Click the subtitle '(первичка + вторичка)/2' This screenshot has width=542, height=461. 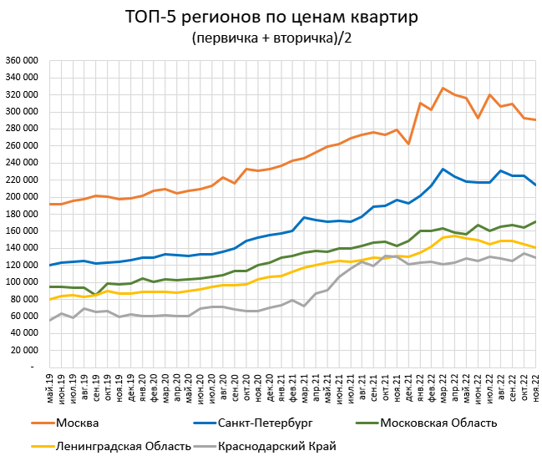pyautogui.click(x=270, y=38)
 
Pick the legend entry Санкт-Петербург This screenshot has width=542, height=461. pyautogui.click(x=271, y=423)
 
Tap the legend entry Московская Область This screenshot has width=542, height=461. pyautogui.click(x=438, y=423)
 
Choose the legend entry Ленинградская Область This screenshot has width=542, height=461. pyautogui.click(x=123, y=447)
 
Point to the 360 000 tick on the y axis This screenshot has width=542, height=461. pyautogui.click(x=22, y=61)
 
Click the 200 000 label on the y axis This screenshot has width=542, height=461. pyautogui.click(x=22, y=197)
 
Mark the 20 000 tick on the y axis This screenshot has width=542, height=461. pyautogui.click(x=24, y=350)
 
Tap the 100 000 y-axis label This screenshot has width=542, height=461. pyautogui.click(x=22, y=282)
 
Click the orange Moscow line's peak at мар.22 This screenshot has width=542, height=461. pyautogui.click(x=443, y=88)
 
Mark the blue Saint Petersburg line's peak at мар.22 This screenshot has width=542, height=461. pyautogui.click(x=443, y=169)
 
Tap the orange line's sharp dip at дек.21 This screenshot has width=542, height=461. pyautogui.click(x=408, y=144)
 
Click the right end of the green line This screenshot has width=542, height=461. pyautogui.click(x=534, y=221)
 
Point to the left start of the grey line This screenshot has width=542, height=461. pyautogui.click(x=51, y=320)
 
